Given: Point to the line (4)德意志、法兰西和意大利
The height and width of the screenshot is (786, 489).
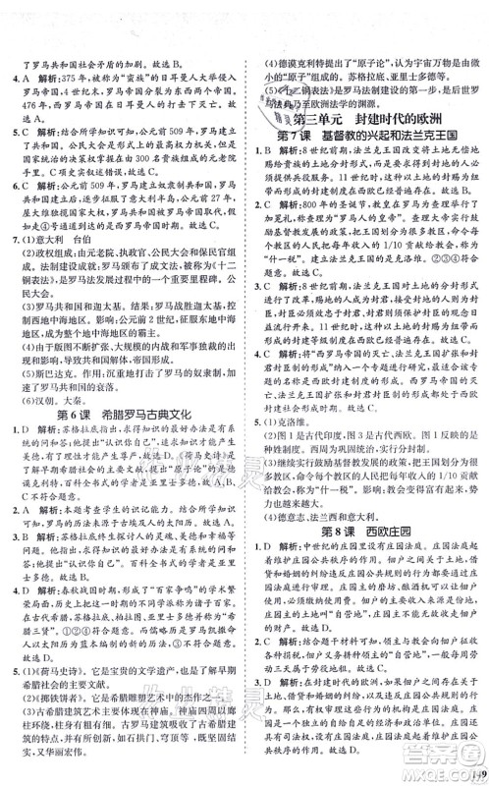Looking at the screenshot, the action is coord(334,497).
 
